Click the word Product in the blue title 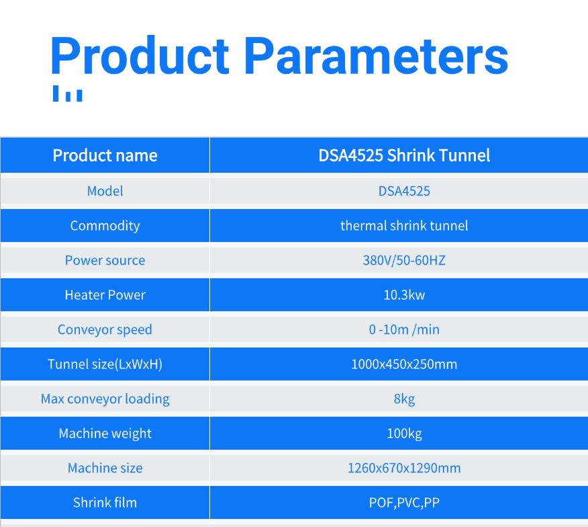[x=140, y=55]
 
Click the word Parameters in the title [x=377, y=55]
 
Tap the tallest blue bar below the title [x=56, y=93]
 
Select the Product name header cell [x=105, y=155]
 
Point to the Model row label [x=105, y=191]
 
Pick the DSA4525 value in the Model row [x=404, y=191]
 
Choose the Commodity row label [x=105, y=226]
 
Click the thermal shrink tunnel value [x=404, y=225]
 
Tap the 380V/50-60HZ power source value [x=404, y=260]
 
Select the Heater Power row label [x=105, y=295]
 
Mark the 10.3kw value [x=404, y=295]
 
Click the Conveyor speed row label [x=105, y=330]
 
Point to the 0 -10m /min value [x=404, y=329]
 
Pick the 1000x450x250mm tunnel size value [x=404, y=364]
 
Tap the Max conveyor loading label [x=105, y=399]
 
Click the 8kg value [x=404, y=399]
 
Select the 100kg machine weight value [x=404, y=434]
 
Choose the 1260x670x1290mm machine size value [x=404, y=468]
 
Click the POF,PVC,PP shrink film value [x=404, y=503]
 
